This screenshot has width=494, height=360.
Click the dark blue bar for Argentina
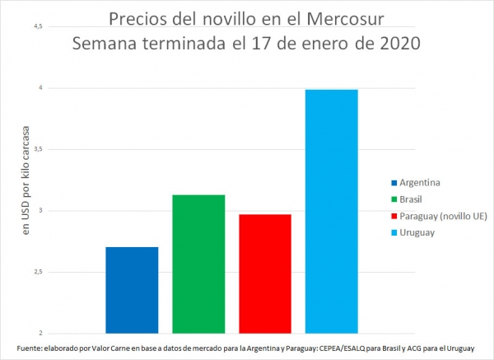coord(132,290)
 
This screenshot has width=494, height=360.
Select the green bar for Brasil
coord(198,264)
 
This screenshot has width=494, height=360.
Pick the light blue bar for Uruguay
coord(331,211)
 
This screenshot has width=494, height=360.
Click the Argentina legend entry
coord(421,182)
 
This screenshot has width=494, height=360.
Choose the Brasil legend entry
coord(412,199)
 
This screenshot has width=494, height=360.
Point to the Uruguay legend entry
coord(417,232)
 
